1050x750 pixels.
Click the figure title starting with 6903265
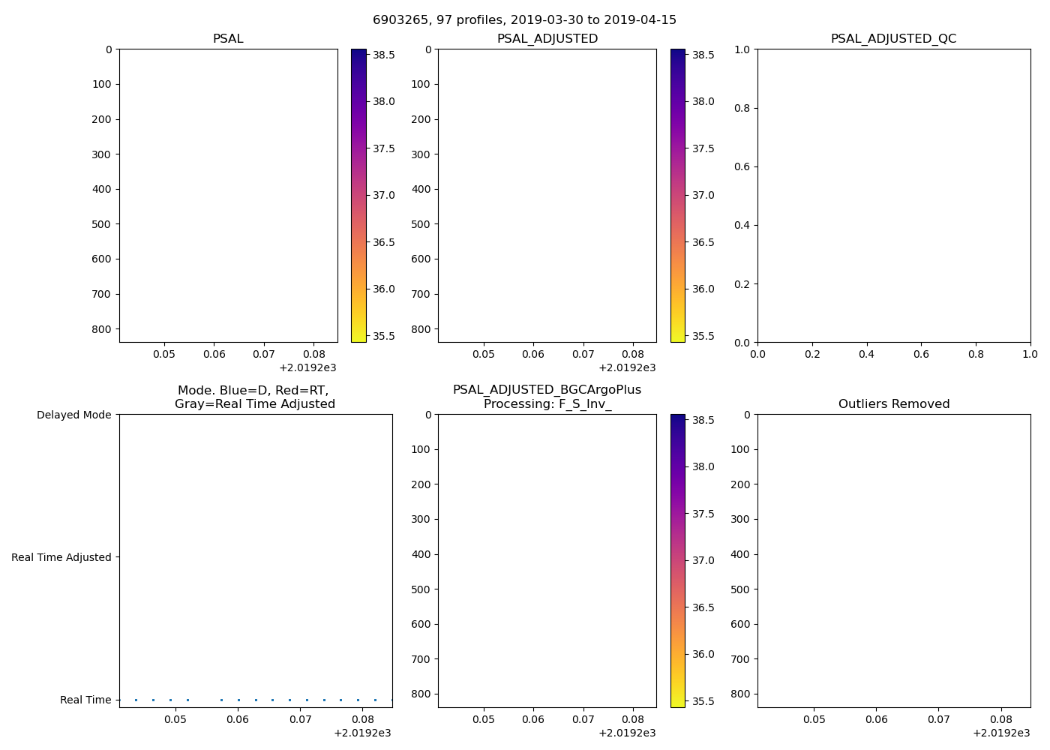pyautogui.click(x=524, y=20)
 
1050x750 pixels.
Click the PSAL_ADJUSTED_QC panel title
pyautogui.click(x=893, y=39)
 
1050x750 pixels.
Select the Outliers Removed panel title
pyautogui.click(x=893, y=404)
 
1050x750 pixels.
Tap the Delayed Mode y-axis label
pyautogui.click(x=73, y=415)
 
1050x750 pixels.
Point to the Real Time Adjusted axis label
pyautogui.click(x=61, y=557)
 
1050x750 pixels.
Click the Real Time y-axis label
pyautogui.click(x=85, y=700)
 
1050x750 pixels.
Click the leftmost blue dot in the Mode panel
pyautogui.click(x=136, y=700)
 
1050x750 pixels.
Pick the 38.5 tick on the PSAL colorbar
pyautogui.click(x=384, y=55)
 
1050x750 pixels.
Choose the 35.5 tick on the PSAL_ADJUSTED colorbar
pyautogui.click(x=703, y=336)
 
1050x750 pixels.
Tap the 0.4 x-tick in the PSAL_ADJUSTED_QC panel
pyautogui.click(x=866, y=353)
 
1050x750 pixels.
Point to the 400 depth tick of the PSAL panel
pyautogui.click(x=101, y=189)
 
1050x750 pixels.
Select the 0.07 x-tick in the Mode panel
pyautogui.click(x=301, y=719)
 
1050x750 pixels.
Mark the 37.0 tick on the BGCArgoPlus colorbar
pyautogui.click(x=703, y=560)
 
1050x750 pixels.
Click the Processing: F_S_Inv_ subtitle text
pyautogui.click(x=547, y=404)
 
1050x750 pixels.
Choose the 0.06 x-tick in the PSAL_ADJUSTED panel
pyautogui.click(x=533, y=353)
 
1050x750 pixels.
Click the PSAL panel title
pyautogui.click(x=228, y=39)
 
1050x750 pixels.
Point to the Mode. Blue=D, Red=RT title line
pyautogui.click(x=253, y=391)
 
